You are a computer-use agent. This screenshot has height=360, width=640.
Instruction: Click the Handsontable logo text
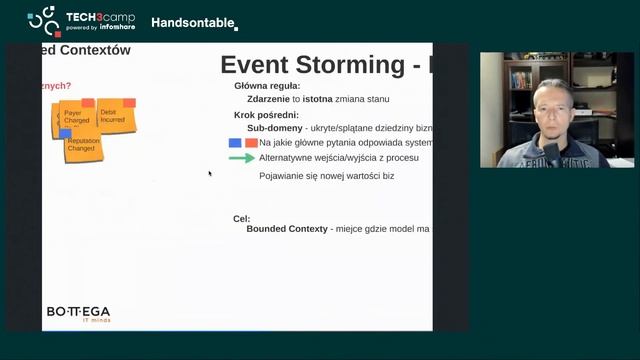coord(194,22)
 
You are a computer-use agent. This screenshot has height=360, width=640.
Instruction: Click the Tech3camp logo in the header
coord(84,20)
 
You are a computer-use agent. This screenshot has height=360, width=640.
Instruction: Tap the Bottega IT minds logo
coord(78,313)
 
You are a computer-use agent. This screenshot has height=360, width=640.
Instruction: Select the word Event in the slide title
coord(253,65)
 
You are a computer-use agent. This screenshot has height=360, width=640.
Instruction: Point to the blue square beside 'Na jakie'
coord(235,143)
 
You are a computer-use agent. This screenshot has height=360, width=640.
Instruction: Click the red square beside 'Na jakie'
coord(250,143)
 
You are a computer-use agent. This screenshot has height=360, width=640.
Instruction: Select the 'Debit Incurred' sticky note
coord(114,116)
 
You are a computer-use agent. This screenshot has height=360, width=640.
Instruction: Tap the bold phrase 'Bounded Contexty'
coord(287,229)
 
